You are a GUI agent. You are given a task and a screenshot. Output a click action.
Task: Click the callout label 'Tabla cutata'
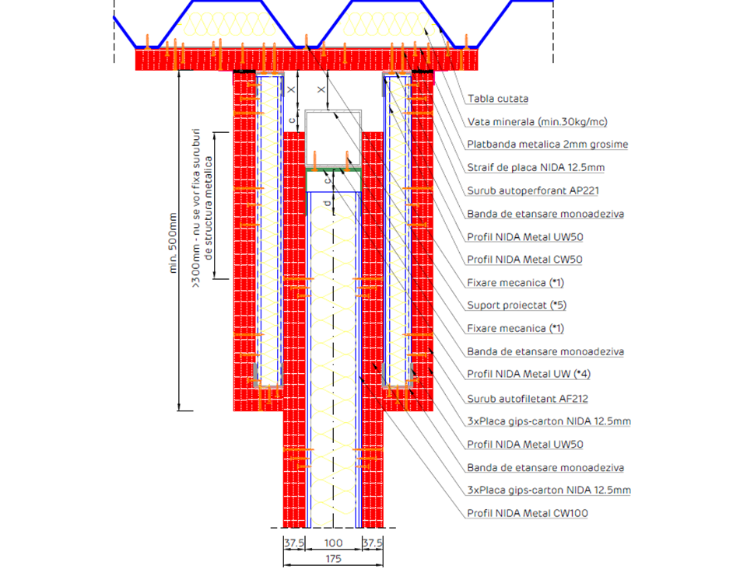click(x=498, y=99)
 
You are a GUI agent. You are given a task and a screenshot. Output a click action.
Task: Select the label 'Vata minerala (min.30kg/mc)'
click(x=537, y=122)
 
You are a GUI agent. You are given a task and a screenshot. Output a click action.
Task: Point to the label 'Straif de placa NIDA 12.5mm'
click(x=535, y=167)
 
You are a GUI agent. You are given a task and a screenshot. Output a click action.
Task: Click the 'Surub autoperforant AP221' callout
click(x=532, y=190)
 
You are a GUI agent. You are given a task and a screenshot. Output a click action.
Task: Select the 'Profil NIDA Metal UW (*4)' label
click(x=528, y=374)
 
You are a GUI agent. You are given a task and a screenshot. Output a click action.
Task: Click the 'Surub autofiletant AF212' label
click(x=528, y=399)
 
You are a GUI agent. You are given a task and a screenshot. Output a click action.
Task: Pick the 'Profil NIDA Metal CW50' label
click(x=525, y=260)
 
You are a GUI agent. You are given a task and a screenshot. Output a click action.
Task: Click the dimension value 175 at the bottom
click(x=333, y=558)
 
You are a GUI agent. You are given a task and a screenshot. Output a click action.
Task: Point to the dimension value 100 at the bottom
click(x=333, y=543)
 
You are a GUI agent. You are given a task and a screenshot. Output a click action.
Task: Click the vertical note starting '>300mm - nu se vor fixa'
click(x=202, y=208)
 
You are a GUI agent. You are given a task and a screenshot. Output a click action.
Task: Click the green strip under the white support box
click(x=334, y=168)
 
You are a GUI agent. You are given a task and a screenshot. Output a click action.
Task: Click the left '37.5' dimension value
click(x=294, y=543)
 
